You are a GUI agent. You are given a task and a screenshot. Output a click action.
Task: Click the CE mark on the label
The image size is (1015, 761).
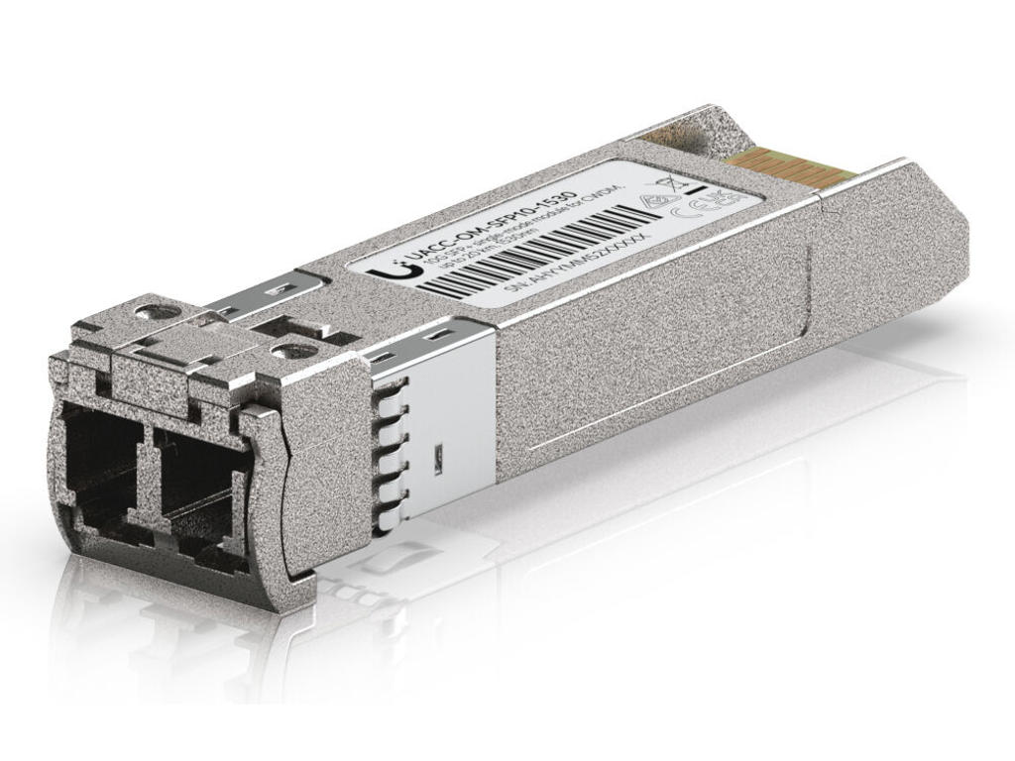coord(688,210)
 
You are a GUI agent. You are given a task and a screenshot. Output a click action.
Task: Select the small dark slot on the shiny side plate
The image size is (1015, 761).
coord(435,457)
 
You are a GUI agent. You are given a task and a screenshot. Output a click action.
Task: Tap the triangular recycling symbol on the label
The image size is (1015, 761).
coord(653,201)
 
